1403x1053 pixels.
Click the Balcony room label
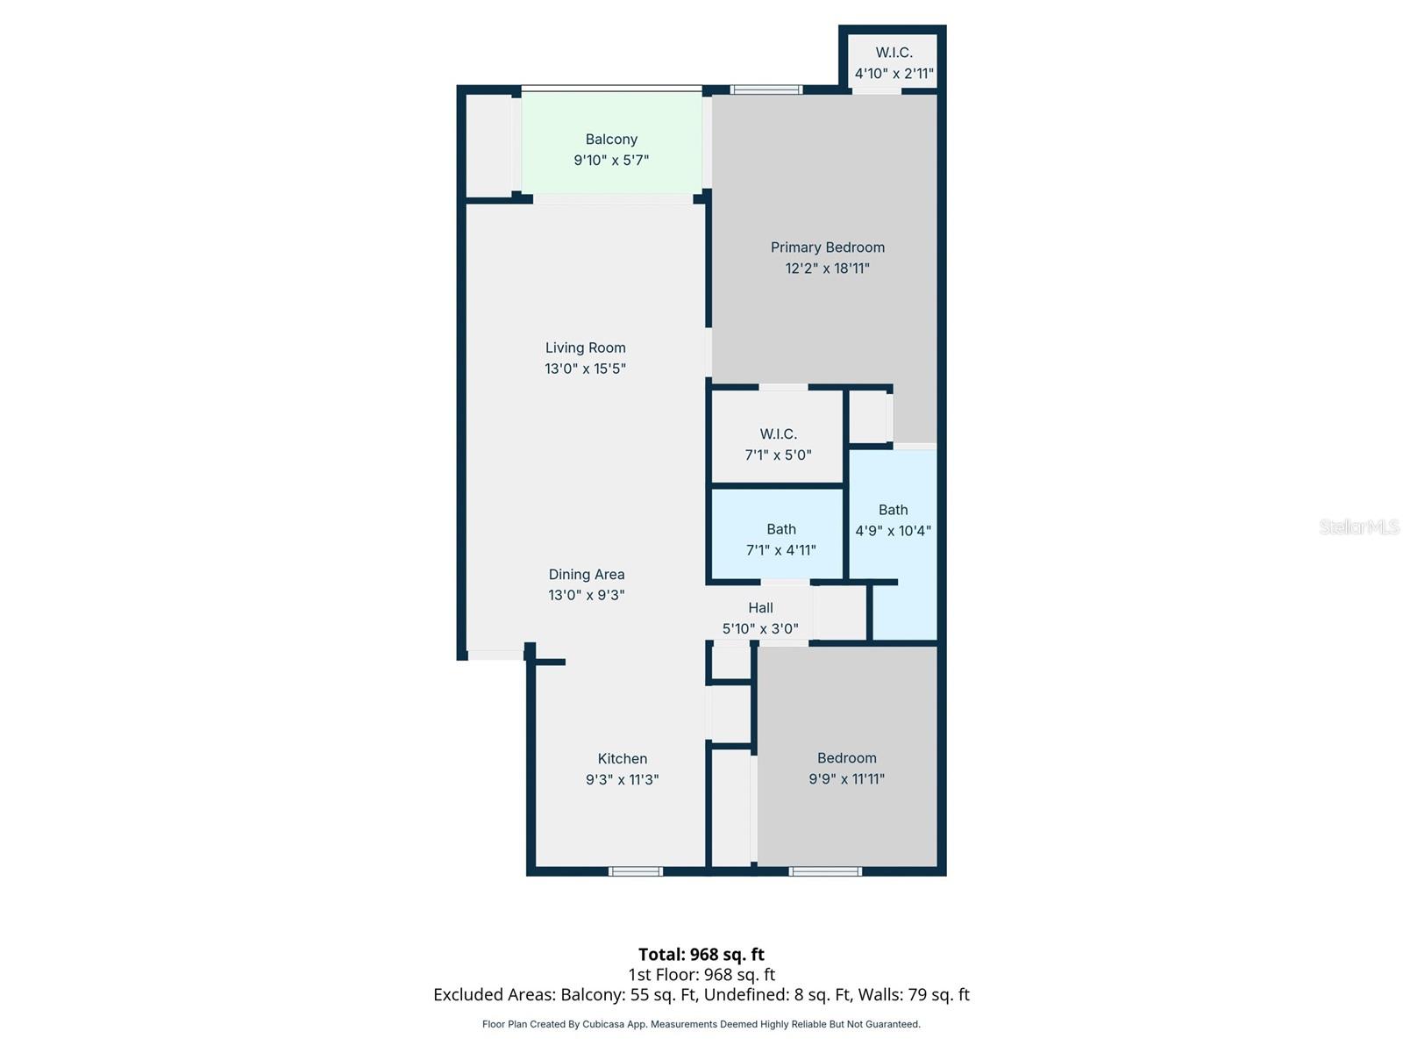[611, 140]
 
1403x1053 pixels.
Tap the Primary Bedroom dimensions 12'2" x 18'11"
[827, 269]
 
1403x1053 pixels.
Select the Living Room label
[585, 347]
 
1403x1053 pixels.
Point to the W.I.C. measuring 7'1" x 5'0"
[778, 444]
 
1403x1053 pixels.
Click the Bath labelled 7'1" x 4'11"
[780, 540]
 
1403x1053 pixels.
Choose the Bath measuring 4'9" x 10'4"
[893, 520]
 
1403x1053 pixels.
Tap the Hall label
[760, 608]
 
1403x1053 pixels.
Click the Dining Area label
[587, 575]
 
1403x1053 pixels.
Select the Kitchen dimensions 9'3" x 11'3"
[622, 779]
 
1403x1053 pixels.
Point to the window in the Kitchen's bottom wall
[636, 871]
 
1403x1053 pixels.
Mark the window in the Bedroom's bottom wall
[825, 871]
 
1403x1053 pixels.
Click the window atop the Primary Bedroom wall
[766, 90]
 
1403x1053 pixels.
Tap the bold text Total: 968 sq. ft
[701, 954]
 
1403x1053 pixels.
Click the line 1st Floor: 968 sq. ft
[701, 975]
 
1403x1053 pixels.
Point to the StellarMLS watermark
[1358, 526]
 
